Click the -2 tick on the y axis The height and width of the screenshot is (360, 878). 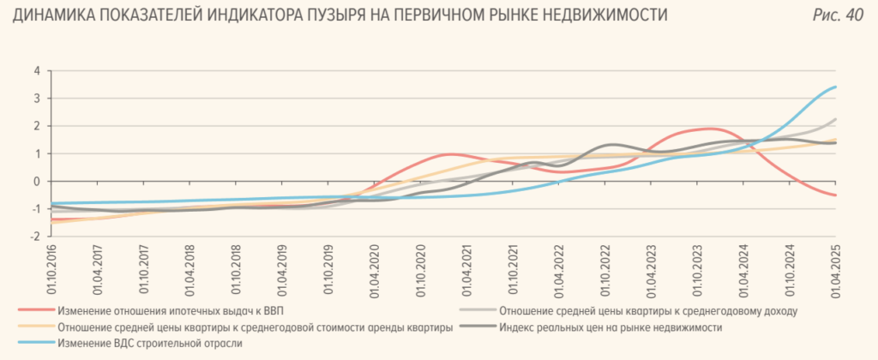pyautogui.click(x=35, y=236)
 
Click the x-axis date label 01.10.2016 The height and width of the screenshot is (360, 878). pyautogui.click(x=53, y=269)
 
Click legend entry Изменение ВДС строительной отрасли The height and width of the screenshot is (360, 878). pyautogui.click(x=150, y=344)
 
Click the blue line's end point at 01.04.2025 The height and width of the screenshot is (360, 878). pyautogui.click(x=836, y=87)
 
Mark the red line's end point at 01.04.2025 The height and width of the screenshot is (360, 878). pyautogui.click(x=836, y=195)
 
